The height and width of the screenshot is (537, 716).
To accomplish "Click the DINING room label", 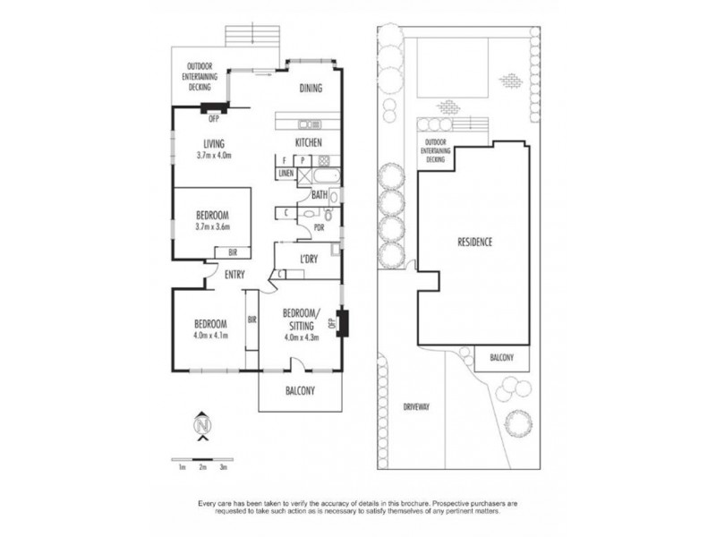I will click(310, 88).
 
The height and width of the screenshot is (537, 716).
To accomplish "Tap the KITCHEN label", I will click(309, 143).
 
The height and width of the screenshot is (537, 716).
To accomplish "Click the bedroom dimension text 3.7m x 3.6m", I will click(212, 226).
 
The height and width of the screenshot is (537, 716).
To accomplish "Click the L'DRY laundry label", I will click(309, 260).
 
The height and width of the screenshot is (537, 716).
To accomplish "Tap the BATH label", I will click(319, 194).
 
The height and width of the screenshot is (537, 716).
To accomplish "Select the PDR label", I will click(318, 227).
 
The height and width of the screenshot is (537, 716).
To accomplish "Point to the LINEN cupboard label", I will click(286, 174).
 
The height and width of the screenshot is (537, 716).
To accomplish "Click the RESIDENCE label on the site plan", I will click(475, 243).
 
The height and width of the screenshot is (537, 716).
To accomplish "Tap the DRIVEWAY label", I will click(416, 405).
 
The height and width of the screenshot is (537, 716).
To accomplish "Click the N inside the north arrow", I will click(203, 424).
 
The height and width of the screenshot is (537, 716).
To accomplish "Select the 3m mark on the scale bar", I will click(224, 467).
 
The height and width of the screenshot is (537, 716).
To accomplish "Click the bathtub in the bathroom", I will click(318, 175).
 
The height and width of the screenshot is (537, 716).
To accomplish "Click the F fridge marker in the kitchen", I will click(282, 160).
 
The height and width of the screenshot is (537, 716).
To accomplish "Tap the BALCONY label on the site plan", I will click(501, 358).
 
